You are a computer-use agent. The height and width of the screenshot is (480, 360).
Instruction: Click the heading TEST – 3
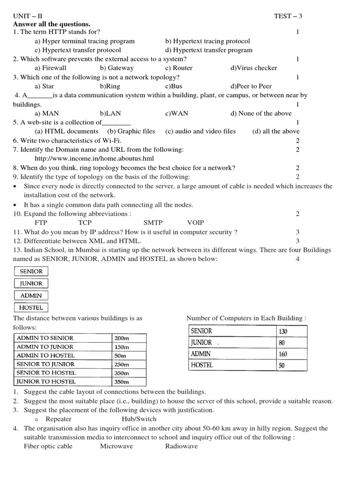[288, 15]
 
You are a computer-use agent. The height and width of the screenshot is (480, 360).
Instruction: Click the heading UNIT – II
[27, 15]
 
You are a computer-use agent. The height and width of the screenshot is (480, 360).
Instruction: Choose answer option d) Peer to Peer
[251, 86]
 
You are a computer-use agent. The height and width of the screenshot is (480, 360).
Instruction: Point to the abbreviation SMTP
[153, 223]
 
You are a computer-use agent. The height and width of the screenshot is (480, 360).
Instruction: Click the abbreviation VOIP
[195, 223]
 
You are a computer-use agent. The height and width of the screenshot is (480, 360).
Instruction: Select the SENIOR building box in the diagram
[31, 271]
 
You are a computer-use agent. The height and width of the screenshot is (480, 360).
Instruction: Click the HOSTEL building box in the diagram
[31, 308]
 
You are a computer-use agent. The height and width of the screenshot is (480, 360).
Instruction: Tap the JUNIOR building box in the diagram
[31, 284]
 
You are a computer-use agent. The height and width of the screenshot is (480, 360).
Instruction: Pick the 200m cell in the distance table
[121, 338]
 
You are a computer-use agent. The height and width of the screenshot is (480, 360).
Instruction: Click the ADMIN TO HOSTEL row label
[45, 356]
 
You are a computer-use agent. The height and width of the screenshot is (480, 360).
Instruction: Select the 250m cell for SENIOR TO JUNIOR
[121, 364]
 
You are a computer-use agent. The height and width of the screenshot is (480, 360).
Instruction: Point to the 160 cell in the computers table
[283, 354]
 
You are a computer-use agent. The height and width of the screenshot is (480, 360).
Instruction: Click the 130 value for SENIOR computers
[283, 331]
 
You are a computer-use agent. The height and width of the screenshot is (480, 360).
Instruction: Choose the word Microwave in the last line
[116, 446]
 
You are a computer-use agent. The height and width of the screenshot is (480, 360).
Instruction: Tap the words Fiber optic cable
[48, 446]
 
